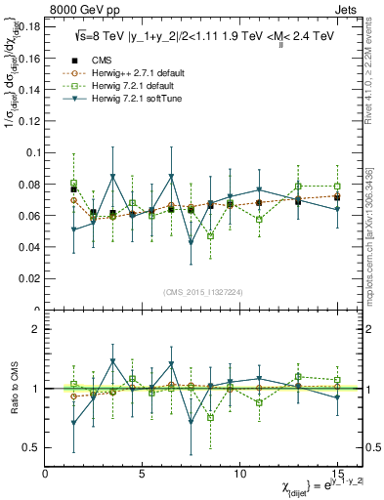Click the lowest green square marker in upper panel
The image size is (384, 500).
[x=210, y=236]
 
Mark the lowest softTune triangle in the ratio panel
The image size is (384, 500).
[x=74, y=424]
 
